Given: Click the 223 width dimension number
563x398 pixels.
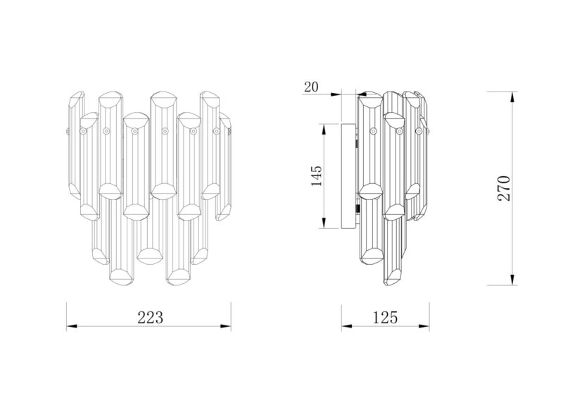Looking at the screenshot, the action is click(150, 317).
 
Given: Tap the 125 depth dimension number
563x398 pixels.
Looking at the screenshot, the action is click(385, 317).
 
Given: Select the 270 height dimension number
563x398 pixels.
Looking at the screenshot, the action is click(504, 188).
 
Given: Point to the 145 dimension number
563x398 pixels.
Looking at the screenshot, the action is click(317, 176).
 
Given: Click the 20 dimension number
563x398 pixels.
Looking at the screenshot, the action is click(311, 87).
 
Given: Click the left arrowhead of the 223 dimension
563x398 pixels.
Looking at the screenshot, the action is click(72, 326).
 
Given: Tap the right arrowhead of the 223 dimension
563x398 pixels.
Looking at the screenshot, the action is click(225, 326).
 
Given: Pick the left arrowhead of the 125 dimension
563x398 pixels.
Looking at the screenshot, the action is click(346, 326).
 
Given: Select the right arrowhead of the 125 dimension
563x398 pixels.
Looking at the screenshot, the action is click(424, 326).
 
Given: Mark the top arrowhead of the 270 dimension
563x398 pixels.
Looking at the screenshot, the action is click(513, 97).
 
